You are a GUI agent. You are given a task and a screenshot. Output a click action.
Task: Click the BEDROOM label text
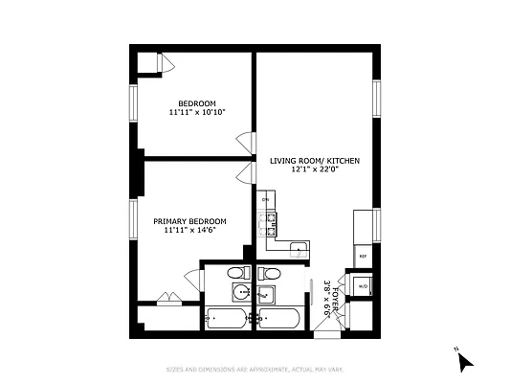tap(196, 103)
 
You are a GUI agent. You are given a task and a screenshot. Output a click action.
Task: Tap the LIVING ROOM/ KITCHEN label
tap(314, 161)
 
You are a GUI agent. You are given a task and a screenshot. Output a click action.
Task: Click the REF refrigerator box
tap(363, 257)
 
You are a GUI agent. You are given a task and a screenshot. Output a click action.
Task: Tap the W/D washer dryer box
tap(363, 285)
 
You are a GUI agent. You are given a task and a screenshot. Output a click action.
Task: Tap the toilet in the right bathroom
tap(271, 275)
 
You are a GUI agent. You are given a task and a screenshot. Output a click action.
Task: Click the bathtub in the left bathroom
tap(227, 318)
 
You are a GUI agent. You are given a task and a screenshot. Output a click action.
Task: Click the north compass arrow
tap(464, 362)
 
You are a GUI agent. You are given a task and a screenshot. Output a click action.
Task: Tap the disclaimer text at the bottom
tap(255, 370)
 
